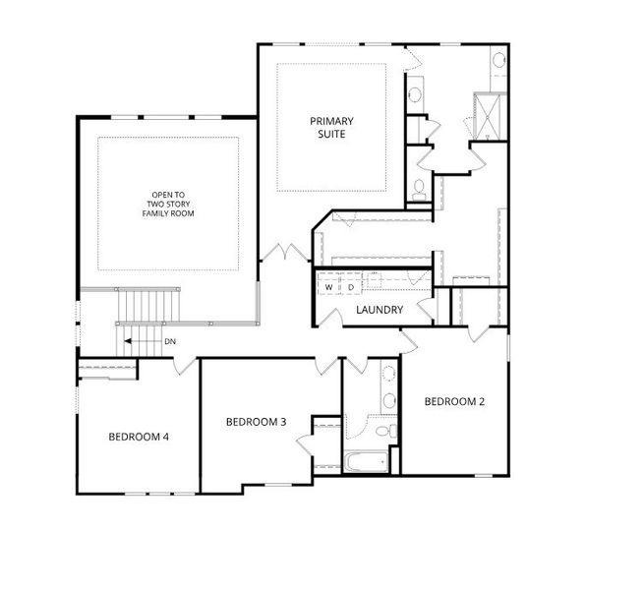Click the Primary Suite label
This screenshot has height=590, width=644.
[331, 128]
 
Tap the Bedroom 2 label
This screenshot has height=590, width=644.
[454, 401]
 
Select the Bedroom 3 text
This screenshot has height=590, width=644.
[256, 422]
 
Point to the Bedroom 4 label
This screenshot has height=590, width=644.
[139, 437]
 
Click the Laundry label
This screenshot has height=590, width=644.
[380, 310]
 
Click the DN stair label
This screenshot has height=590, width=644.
[170, 341]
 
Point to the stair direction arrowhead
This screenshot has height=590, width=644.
[128, 341]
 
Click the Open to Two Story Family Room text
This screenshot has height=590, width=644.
[168, 205]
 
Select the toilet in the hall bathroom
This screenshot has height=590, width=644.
[386, 432]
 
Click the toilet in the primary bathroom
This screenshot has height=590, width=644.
[419, 190]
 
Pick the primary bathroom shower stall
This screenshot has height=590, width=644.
[488, 117]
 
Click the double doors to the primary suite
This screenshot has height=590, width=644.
[285, 252]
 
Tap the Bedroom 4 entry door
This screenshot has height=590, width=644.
[185, 366]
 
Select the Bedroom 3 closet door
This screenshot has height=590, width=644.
[305, 442]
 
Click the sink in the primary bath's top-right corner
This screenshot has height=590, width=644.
[499, 60]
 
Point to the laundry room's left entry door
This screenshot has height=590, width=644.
[331, 318]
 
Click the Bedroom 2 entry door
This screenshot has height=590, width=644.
[409, 340]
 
